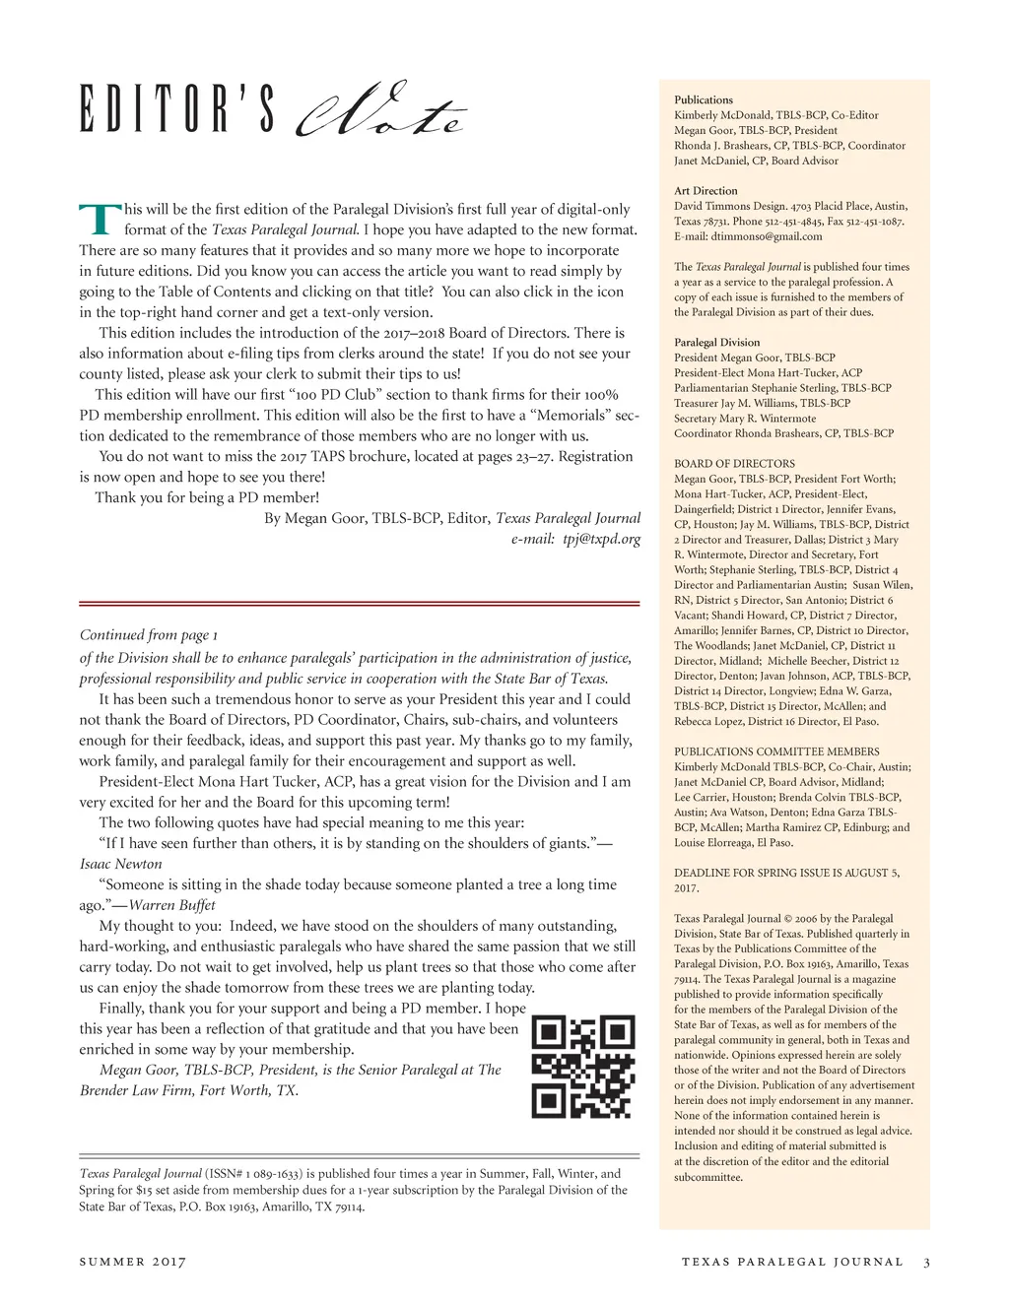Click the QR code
(x=583, y=1067)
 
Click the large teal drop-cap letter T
(x=99, y=220)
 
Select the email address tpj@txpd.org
(x=602, y=539)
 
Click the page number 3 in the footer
(x=926, y=1262)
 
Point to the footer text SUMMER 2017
(x=132, y=1262)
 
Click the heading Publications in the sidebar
(x=704, y=99)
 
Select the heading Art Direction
(x=706, y=191)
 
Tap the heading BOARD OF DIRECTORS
(x=734, y=464)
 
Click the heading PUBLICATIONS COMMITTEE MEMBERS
(x=776, y=751)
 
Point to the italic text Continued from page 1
(x=149, y=635)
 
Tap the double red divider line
(x=360, y=603)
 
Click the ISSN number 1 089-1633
(x=269, y=1174)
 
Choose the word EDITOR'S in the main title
(x=177, y=110)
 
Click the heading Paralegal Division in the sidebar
(x=717, y=343)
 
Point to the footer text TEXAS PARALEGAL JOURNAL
(x=792, y=1262)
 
